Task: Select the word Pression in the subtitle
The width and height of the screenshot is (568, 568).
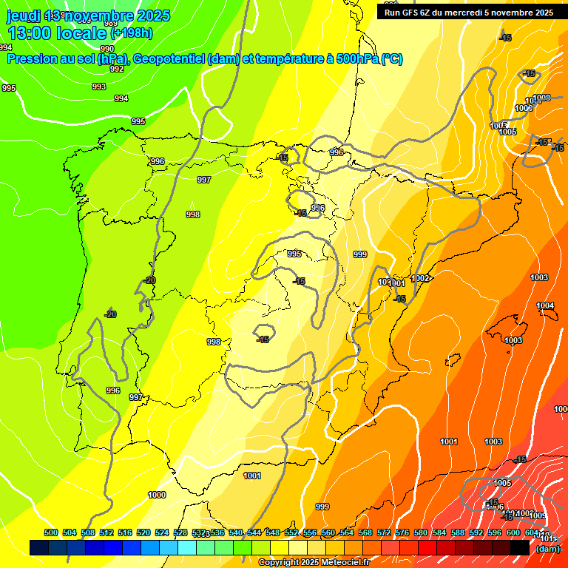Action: pyautogui.click(x=35, y=59)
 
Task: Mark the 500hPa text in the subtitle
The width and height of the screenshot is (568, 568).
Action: pyautogui.click(x=357, y=59)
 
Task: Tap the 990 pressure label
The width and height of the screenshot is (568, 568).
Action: pyautogui.click(x=107, y=49)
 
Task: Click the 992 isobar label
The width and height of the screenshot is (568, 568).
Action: pyautogui.click(x=117, y=69)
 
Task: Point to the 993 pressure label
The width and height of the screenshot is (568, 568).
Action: pyautogui.click(x=99, y=87)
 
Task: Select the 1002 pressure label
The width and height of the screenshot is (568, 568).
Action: pyautogui.click(x=421, y=278)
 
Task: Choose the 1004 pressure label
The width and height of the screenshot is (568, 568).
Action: pyautogui.click(x=545, y=305)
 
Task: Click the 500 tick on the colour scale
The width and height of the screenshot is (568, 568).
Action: pyautogui.click(x=51, y=532)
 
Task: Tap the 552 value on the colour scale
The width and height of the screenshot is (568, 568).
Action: pyautogui.click(x=291, y=532)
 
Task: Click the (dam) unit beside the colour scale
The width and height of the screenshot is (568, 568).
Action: pyautogui.click(x=547, y=549)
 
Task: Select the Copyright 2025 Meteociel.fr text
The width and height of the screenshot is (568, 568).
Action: pyautogui.click(x=314, y=562)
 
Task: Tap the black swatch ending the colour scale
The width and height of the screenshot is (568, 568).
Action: pyautogui.click(x=520, y=547)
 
